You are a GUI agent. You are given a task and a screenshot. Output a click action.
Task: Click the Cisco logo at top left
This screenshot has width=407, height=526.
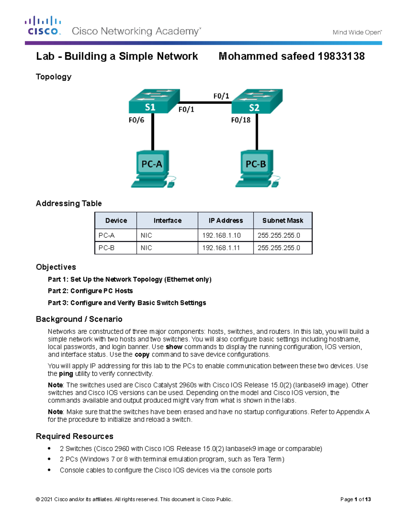43,26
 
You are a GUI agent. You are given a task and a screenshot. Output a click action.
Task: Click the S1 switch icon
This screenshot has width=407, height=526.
154,101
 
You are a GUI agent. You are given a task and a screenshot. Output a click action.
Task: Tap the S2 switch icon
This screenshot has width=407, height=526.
257,101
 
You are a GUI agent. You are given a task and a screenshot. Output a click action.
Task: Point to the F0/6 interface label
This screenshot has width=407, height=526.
136,120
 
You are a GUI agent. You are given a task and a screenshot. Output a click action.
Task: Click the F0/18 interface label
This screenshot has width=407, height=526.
241,120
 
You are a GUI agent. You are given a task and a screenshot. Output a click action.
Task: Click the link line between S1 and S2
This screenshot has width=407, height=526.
205,102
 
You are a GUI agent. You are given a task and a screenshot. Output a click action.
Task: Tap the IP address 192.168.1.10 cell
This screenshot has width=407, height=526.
221,235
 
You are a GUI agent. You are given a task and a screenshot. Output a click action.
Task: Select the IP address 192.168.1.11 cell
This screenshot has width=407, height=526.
221,248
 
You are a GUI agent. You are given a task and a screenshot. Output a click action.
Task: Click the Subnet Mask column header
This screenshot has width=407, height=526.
283,220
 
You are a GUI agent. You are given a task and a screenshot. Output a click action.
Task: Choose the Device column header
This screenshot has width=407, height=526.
116,220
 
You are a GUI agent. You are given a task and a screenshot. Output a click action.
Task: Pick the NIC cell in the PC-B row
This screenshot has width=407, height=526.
146,248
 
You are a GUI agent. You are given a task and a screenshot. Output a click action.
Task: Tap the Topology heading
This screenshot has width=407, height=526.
54,77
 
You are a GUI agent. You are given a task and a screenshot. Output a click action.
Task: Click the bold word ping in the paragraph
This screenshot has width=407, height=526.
66,374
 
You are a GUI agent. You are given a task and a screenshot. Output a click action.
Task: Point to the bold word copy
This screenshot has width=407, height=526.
142,355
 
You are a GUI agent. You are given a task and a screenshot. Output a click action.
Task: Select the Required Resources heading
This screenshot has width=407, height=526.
75,436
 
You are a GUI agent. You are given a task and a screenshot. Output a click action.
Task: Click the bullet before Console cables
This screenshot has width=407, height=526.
50,470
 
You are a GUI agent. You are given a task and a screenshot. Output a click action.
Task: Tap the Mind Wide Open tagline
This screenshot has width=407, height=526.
357,33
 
